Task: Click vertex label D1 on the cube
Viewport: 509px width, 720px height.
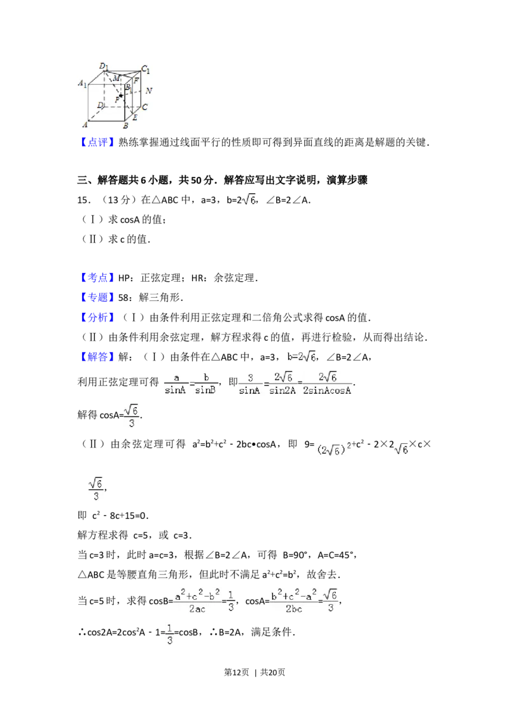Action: tap(104, 66)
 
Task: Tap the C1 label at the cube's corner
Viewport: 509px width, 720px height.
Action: tap(146, 69)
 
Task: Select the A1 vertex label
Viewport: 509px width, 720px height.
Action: tap(82, 83)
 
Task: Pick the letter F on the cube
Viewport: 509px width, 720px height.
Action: tap(136, 81)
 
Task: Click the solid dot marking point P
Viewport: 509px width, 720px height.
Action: tap(121, 95)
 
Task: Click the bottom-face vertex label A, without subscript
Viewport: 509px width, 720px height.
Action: tap(85, 125)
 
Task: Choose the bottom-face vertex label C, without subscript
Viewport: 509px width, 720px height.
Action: tap(145, 107)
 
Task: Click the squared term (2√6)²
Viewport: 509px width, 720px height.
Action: tap(333, 449)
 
